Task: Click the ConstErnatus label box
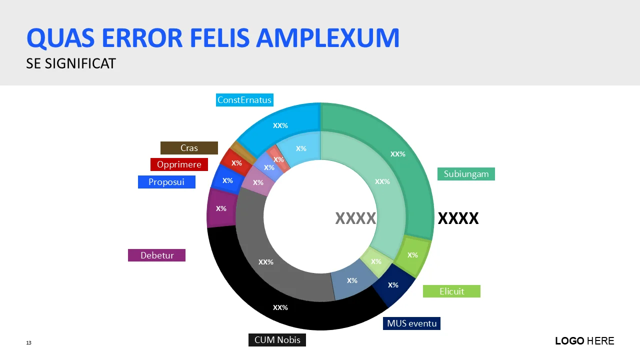[x=244, y=100]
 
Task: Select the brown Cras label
[x=189, y=148]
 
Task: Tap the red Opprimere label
[x=179, y=164]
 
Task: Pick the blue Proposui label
[x=166, y=182]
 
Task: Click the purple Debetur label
[x=156, y=255]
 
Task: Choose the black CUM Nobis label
[x=277, y=340]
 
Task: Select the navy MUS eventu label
[x=411, y=323]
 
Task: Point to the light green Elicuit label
[x=451, y=291]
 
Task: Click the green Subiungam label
[x=466, y=174]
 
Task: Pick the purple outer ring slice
[x=220, y=208]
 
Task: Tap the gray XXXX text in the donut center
[x=355, y=218]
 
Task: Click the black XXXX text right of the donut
[x=458, y=218]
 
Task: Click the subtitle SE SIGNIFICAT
[x=71, y=63]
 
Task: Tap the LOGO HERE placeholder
[x=584, y=341]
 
